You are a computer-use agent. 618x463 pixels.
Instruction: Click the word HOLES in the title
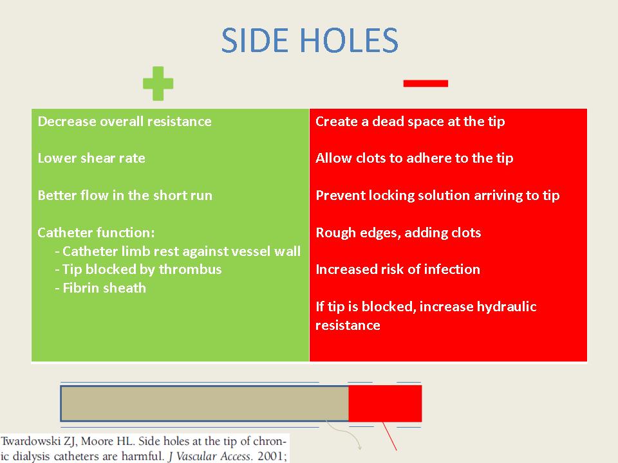(349, 40)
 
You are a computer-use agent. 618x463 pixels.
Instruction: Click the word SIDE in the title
(254, 40)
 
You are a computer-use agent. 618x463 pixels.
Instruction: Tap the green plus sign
(158, 84)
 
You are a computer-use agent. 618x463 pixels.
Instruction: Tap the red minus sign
(426, 83)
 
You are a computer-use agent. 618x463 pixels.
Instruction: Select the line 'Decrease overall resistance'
(124, 122)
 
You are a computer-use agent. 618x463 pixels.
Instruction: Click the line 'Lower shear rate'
(91, 158)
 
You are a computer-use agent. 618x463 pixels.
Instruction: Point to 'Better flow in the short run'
(125, 195)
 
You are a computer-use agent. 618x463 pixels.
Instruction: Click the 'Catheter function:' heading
(96, 232)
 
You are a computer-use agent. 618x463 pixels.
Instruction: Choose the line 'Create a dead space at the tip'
(410, 122)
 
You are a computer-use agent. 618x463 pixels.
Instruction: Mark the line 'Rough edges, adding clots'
(398, 233)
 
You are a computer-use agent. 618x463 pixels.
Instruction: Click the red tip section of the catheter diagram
(385, 404)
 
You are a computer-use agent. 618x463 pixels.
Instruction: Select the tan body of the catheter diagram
(205, 404)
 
